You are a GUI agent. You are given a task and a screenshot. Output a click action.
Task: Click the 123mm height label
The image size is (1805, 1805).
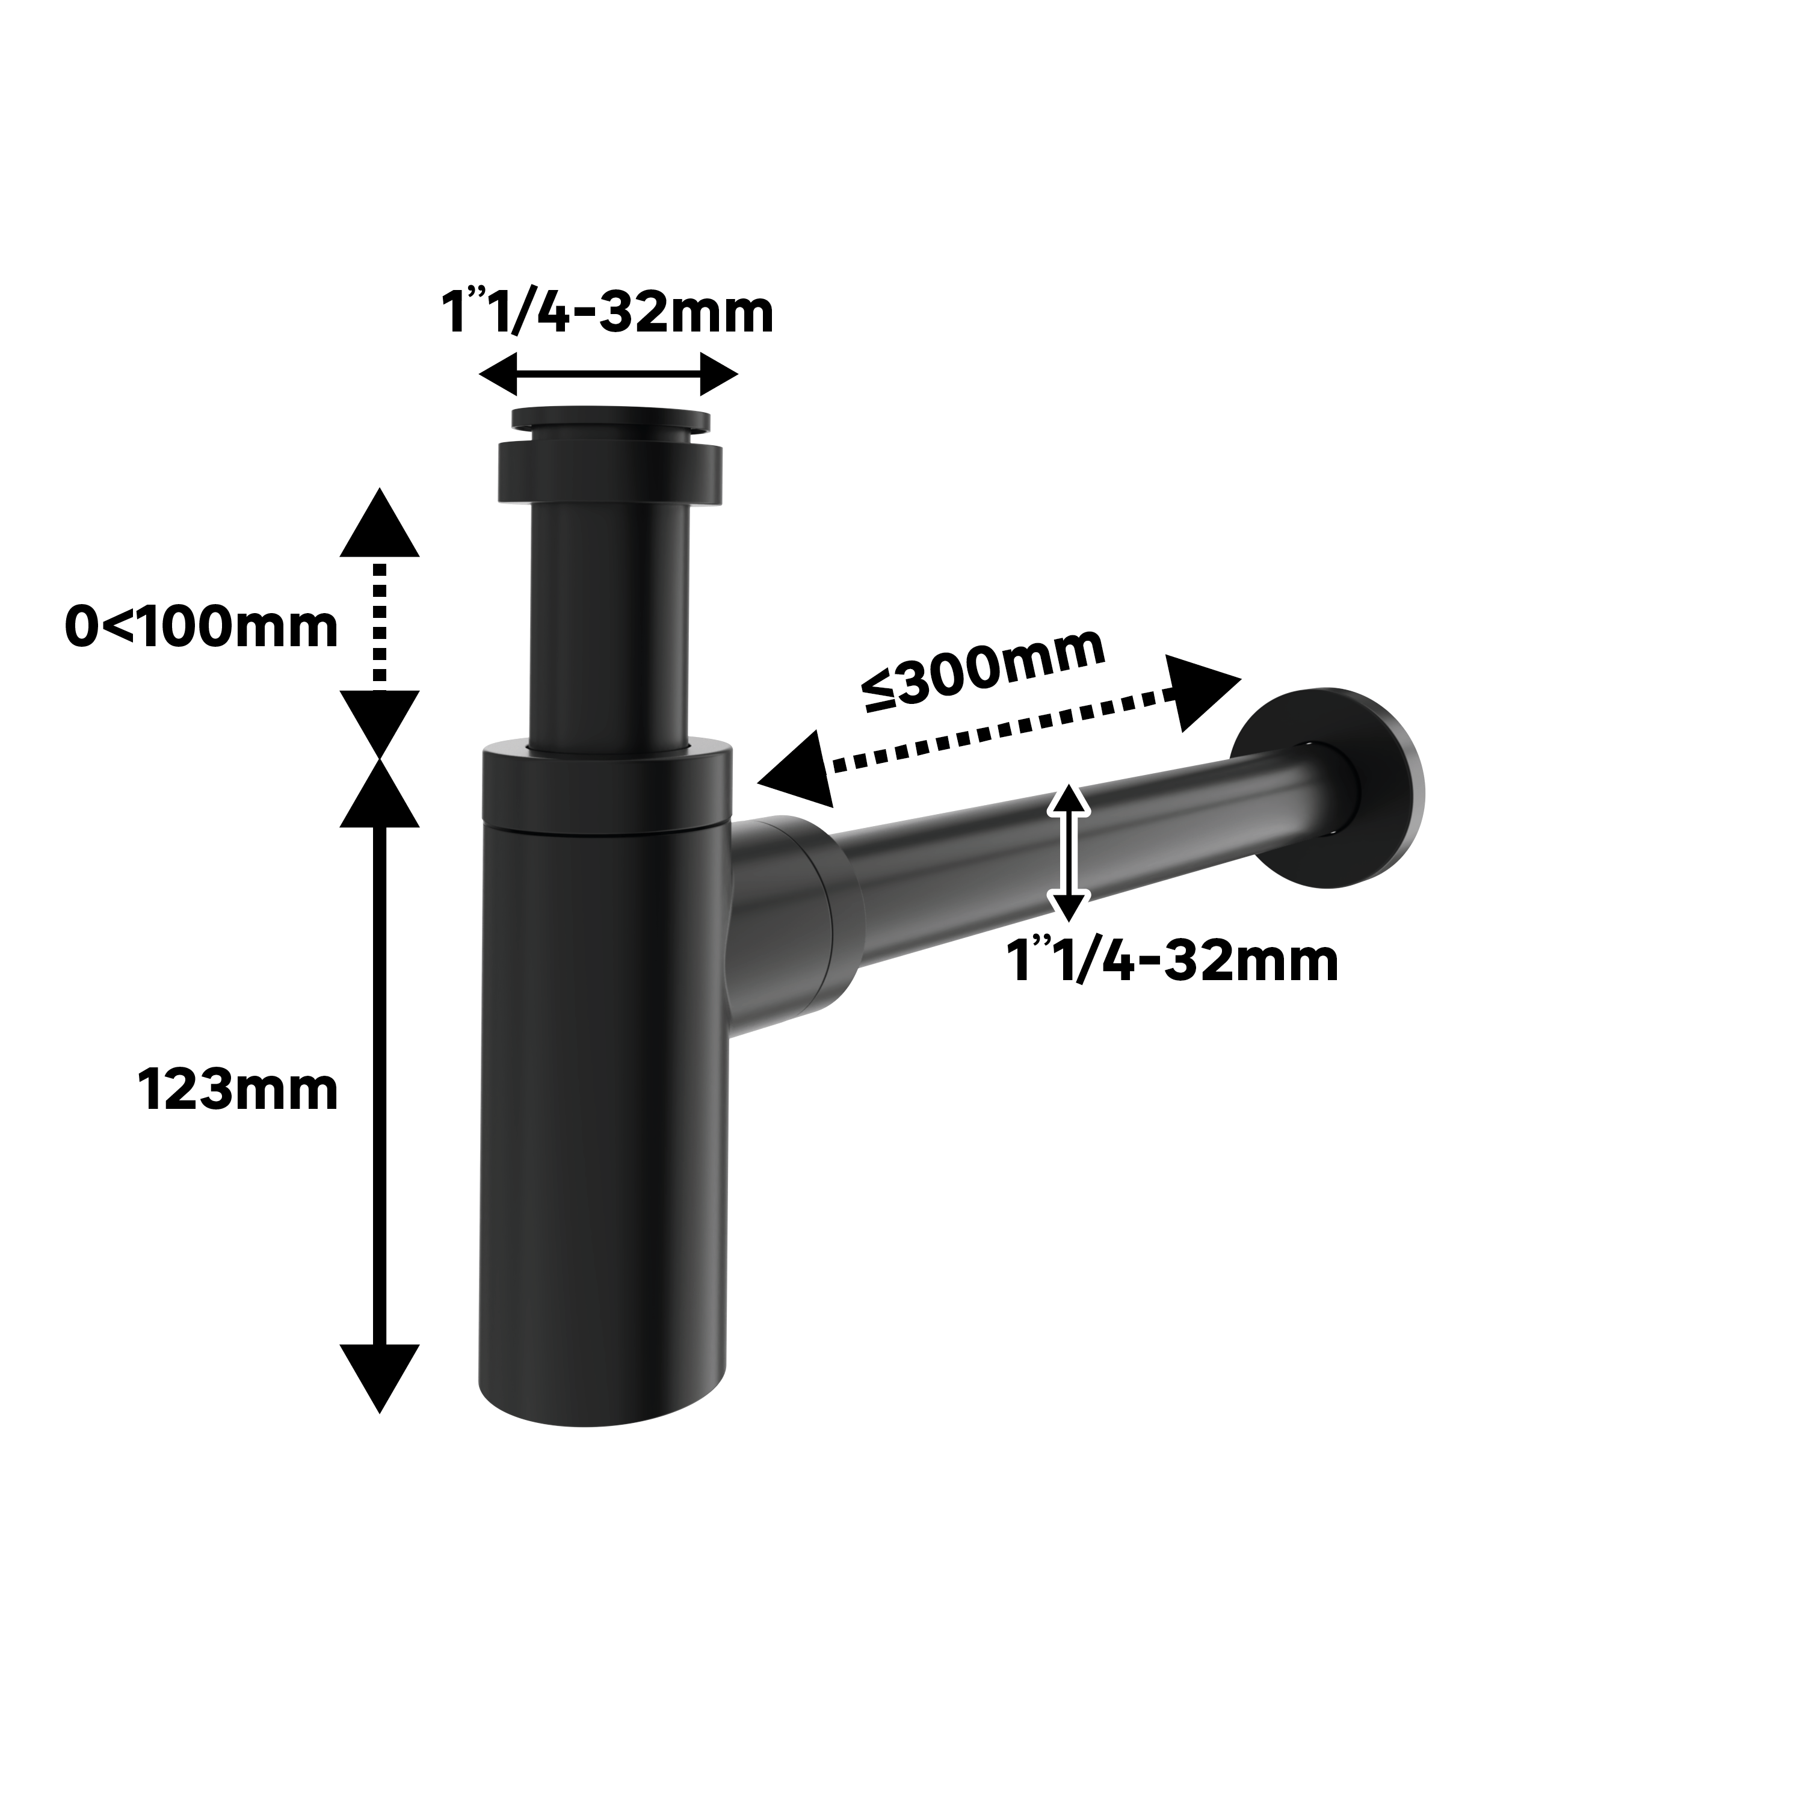(238, 1090)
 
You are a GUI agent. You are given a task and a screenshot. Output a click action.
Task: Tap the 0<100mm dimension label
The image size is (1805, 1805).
(202, 627)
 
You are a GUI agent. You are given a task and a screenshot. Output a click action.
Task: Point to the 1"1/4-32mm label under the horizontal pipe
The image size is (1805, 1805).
(1173, 961)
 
